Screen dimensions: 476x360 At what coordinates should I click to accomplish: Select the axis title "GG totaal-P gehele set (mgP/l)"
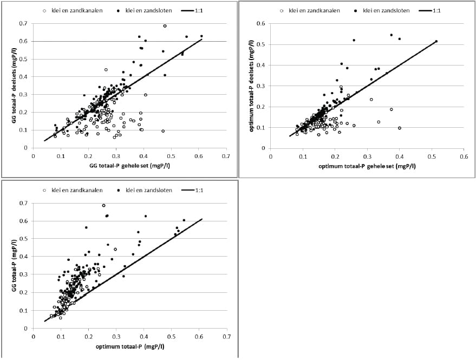[x=129, y=166]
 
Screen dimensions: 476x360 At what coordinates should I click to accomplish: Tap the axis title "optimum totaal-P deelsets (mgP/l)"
[x=251, y=86]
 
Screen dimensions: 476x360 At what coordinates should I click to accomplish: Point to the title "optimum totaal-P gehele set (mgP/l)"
[x=367, y=166]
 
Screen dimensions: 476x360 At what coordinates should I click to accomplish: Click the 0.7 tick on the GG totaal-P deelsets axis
[x=23, y=23]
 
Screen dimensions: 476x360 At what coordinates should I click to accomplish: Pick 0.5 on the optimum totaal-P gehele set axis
[x=432, y=156]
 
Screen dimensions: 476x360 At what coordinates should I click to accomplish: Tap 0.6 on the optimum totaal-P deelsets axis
[x=261, y=24]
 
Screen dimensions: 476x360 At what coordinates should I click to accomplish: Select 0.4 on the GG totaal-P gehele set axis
[x=144, y=156]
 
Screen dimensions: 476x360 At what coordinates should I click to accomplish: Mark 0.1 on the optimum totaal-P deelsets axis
[x=261, y=127]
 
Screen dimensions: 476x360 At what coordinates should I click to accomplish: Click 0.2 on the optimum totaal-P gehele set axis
[x=335, y=156]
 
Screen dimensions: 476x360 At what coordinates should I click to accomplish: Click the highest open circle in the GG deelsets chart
[x=165, y=26]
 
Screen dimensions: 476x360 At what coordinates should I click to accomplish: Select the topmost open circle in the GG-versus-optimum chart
[x=103, y=206]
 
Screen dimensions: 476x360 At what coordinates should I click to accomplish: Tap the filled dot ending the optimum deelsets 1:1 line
[x=436, y=41]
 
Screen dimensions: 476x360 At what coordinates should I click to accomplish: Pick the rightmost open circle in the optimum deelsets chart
[x=400, y=128]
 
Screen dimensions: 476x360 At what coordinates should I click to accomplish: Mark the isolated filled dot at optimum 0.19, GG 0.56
[x=86, y=227]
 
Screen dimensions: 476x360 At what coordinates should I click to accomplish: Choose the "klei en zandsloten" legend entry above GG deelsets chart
[x=144, y=11]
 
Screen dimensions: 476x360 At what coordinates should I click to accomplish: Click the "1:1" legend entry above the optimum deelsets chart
[x=430, y=11]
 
